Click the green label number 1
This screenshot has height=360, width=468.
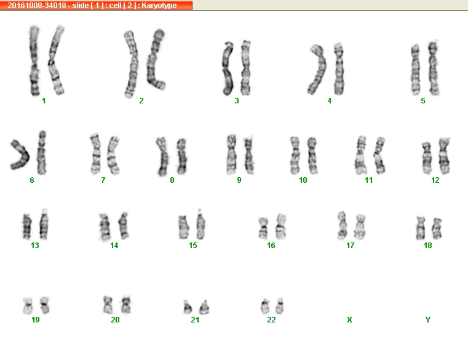44,101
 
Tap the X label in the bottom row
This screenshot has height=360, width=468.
349,319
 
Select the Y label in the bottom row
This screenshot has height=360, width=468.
427,319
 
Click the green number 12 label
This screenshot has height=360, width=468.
435,180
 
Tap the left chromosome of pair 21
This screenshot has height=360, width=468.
188,308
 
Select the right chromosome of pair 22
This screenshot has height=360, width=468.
280,306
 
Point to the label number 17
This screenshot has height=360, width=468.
350,246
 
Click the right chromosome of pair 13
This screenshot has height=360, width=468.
44,224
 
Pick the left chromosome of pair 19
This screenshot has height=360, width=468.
28,306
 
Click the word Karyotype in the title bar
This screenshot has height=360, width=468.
159,6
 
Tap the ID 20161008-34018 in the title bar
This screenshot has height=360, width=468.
37,6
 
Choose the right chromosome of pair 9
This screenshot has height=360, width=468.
249,154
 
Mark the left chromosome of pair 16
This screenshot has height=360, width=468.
263,228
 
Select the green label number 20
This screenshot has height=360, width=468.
115,319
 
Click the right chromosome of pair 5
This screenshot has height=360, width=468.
434,68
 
